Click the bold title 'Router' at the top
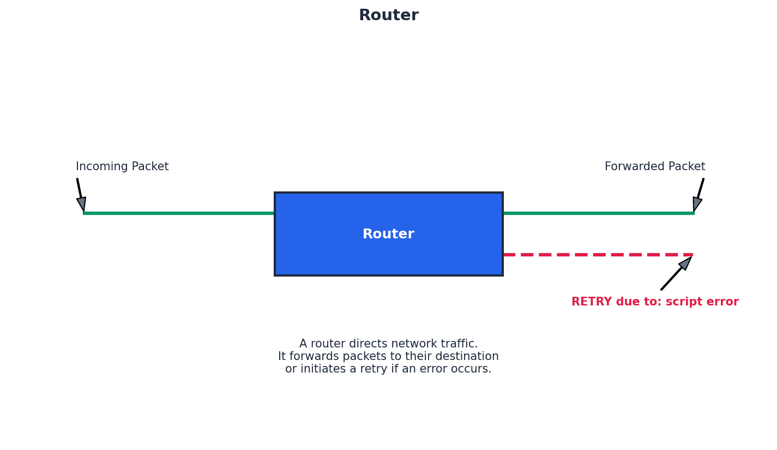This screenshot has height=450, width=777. click(x=388, y=15)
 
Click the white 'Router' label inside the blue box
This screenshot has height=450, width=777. click(x=388, y=234)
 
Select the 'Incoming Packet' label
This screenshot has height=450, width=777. click(x=122, y=167)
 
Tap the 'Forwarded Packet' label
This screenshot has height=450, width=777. click(x=654, y=167)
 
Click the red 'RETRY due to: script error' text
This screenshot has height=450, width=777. click(x=655, y=302)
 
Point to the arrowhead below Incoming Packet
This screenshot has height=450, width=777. click(x=82, y=203)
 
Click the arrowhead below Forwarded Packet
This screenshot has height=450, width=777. click(x=697, y=203)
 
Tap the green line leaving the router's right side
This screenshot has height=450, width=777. click(x=598, y=213)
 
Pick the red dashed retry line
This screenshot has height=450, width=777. click(x=598, y=255)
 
